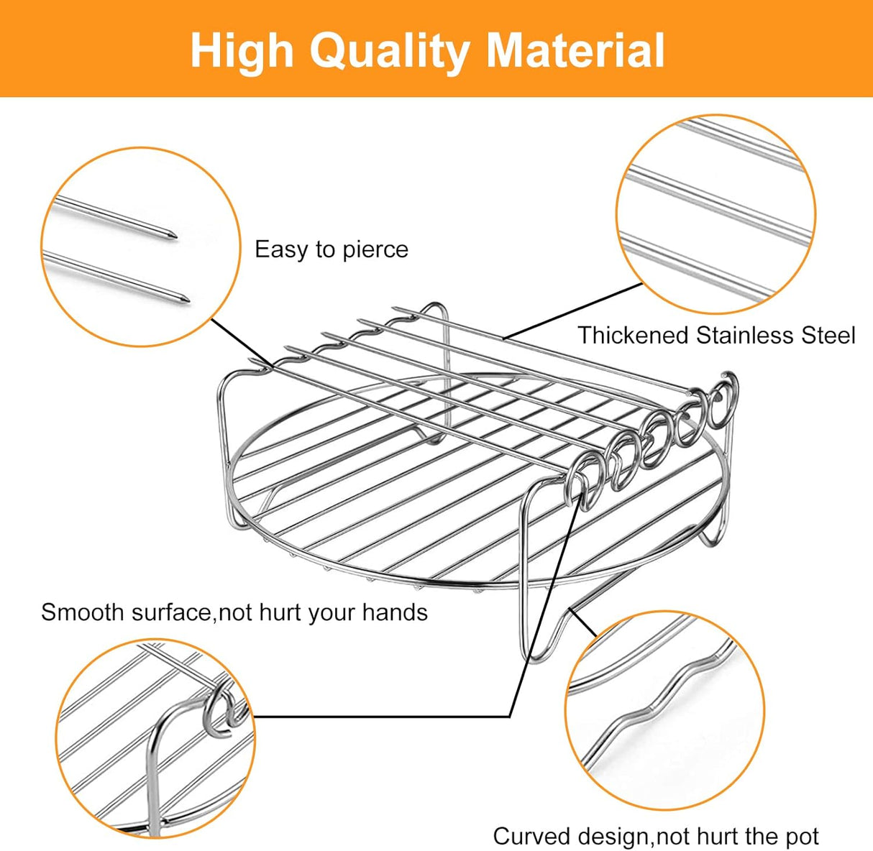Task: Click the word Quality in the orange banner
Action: coord(389,52)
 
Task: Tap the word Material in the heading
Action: coord(575,50)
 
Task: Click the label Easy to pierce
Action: coord(332,249)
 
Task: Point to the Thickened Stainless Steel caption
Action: coord(716,335)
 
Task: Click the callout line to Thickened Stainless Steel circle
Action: coord(573,311)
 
